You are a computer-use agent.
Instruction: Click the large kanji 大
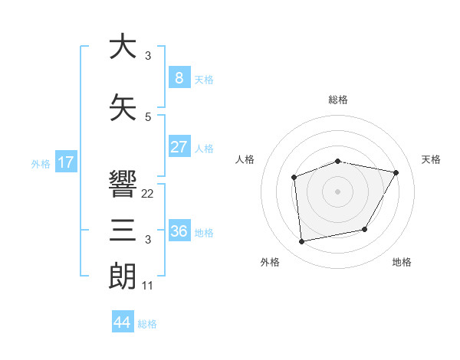(122, 47)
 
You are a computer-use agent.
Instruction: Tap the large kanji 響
(122, 185)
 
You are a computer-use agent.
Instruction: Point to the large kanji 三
(122, 231)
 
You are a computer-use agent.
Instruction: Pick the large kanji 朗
(122, 277)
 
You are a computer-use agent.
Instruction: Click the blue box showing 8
(179, 78)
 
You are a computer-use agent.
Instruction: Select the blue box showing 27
(179, 147)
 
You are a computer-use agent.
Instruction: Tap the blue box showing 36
(179, 231)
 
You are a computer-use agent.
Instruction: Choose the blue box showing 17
(65, 162)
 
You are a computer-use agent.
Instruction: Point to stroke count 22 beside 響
(148, 194)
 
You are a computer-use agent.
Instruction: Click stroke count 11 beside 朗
(148, 286)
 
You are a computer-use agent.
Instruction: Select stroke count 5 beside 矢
(148, 117)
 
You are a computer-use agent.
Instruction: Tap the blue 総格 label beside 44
(147, 324)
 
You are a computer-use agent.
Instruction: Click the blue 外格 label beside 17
(41, 163)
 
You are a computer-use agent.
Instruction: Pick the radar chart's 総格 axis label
(337, 100)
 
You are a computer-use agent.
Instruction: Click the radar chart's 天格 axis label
(432, 159)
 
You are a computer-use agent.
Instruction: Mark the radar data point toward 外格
(302, 242)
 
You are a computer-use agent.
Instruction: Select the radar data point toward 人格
(294, 178)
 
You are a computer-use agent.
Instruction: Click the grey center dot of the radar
(337, 191)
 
